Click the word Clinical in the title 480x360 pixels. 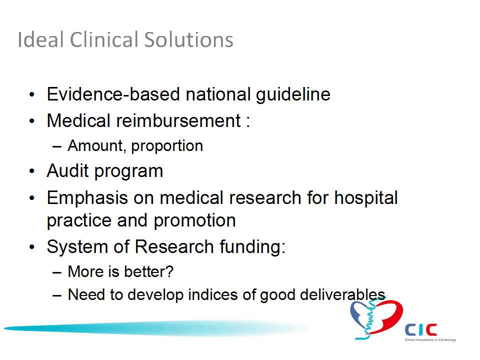[104, 39]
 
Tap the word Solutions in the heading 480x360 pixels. [188, 39]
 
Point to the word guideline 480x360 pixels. [293, 94]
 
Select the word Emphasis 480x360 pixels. [87, 198]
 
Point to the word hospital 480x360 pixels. [366, 198]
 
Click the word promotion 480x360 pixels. [194, 220]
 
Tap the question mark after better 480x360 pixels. [170, 271]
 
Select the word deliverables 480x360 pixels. [342, 294]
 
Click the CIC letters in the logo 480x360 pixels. [421, 329]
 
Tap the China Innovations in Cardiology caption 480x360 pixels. [430, 340]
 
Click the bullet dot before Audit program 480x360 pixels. [32, 171]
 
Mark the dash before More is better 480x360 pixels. [57, 272]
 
